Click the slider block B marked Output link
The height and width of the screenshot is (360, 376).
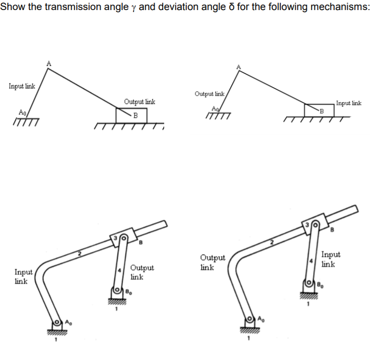tap(131, 116)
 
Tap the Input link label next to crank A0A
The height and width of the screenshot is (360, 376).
tap(22, 86)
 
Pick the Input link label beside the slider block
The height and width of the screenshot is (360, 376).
tap(349, 103)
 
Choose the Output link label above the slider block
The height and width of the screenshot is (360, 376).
tap(139, 102)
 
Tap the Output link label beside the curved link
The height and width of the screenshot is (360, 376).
tap(212, 262)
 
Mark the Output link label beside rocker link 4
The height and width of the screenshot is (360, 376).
tap(142, 273)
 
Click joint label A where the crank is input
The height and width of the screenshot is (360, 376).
tap(49, 63)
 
